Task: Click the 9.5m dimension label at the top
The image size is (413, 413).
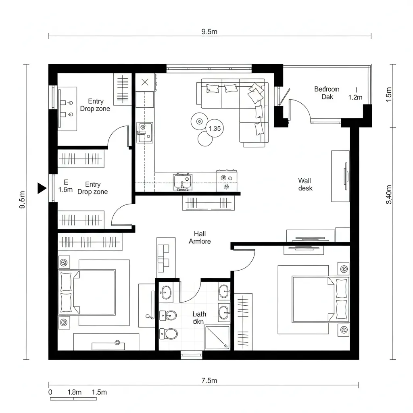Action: tap(209, 32)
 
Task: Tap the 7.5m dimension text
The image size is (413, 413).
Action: tap(209, 380)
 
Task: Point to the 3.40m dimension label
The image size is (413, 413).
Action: tap(389, 194)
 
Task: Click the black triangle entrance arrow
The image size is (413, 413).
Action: tap(42, 188)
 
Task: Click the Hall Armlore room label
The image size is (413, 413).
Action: tap(200, 238)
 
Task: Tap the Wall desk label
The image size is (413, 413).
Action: tap(305, 184)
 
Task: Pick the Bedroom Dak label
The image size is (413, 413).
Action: tap(327, 93)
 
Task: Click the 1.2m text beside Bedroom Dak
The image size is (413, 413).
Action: tap(355, 97)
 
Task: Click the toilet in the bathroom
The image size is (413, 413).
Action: tap(169, 334)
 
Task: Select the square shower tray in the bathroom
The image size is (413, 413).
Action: tap(217, 338)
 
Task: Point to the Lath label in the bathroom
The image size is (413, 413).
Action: tap(199, 314)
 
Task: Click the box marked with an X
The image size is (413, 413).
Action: tap(145, 82)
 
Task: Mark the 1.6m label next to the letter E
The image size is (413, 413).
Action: tap(65, 189)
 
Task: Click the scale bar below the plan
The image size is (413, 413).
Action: tap(73, 399)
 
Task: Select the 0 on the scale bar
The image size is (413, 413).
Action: tap(50, 392)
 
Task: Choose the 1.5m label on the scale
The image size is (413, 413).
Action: tap(99, 392)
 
